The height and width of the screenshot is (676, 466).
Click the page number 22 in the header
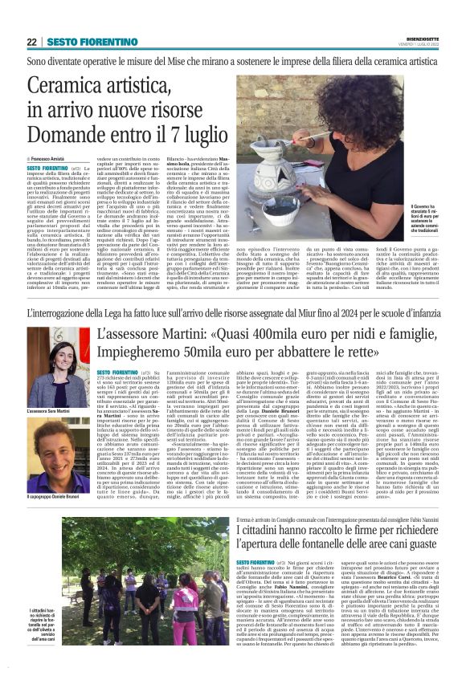pos(32,41)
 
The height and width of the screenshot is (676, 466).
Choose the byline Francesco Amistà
pos(50,160)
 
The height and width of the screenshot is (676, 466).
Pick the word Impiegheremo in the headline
pos(145,354)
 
